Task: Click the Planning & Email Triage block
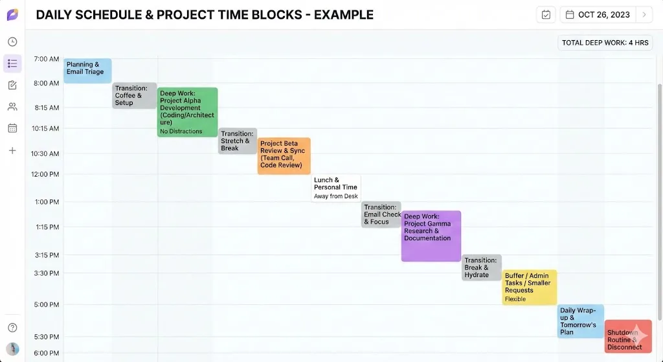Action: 87,71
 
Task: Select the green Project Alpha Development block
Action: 187,112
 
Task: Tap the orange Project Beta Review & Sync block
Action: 284,155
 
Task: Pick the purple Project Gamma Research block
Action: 431,236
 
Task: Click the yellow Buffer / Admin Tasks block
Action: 530,287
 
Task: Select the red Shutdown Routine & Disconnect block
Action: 627,336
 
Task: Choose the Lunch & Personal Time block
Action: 336,187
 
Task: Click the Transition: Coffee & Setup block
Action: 135,95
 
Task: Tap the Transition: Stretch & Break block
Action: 237,141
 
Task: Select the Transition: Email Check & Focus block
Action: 381,214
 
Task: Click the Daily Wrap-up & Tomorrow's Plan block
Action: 580,321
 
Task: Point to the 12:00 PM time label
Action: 45,174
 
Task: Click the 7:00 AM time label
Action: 47,59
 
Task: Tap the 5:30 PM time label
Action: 47,337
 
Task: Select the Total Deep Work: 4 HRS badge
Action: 605,43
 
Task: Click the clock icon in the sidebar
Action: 12,42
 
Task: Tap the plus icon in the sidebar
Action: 12,150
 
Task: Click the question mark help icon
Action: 12,328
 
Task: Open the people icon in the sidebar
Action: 12,107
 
